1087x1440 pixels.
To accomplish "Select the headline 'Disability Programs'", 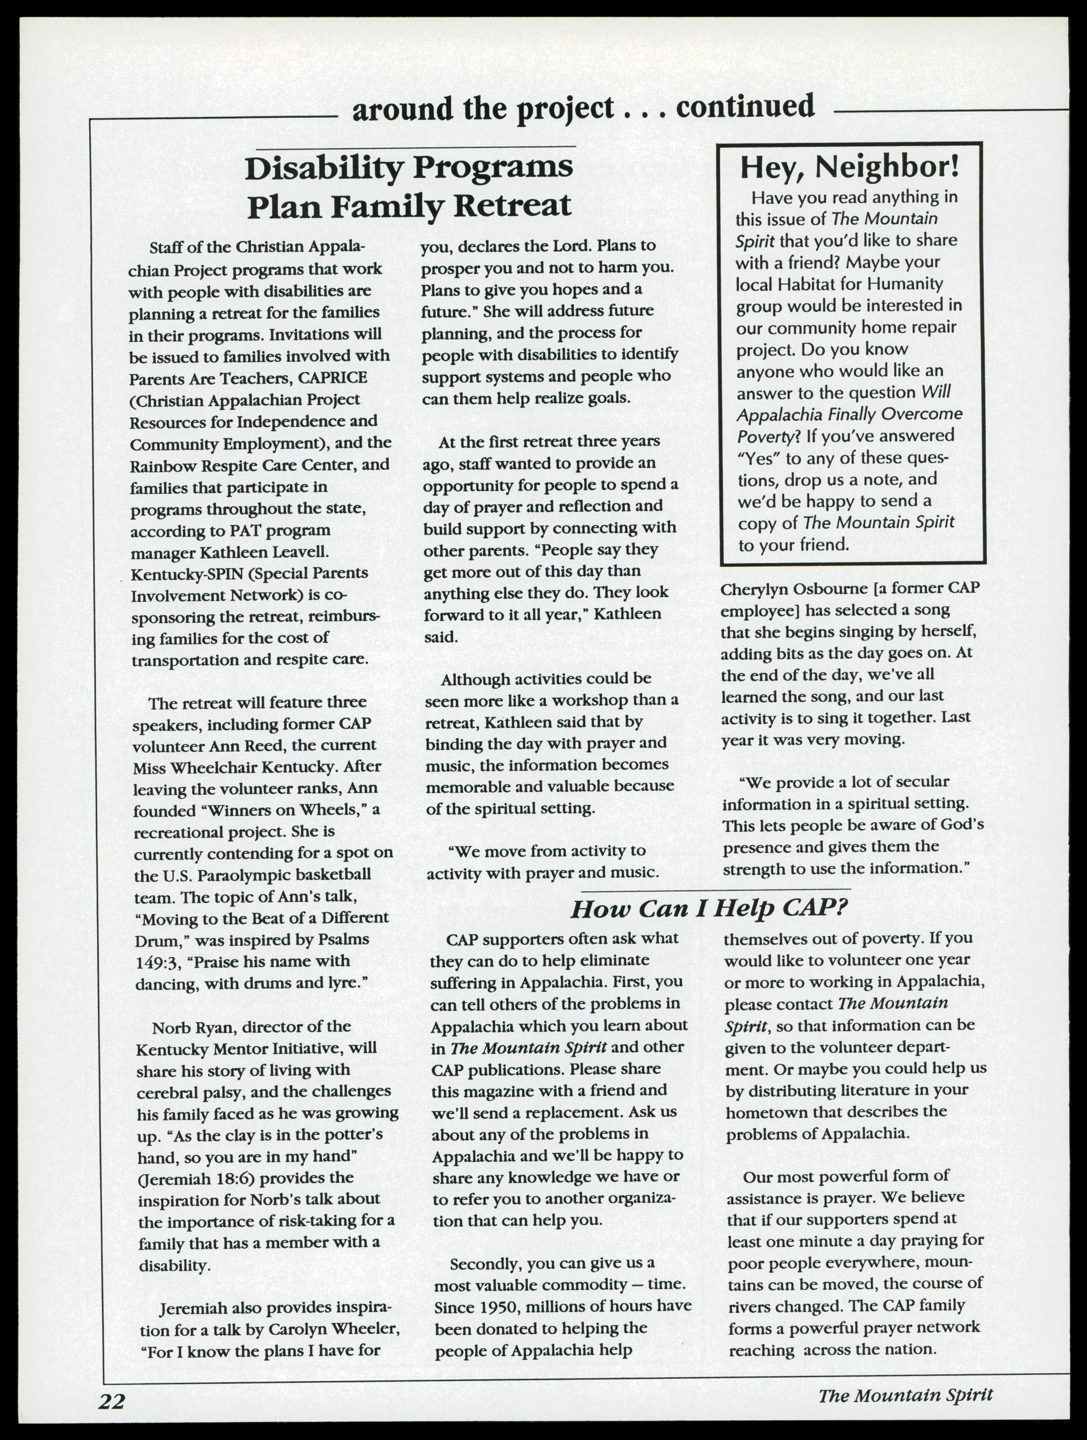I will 409,168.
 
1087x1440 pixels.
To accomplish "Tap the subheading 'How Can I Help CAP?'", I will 710,908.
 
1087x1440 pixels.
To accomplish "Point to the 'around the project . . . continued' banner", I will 583,107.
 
